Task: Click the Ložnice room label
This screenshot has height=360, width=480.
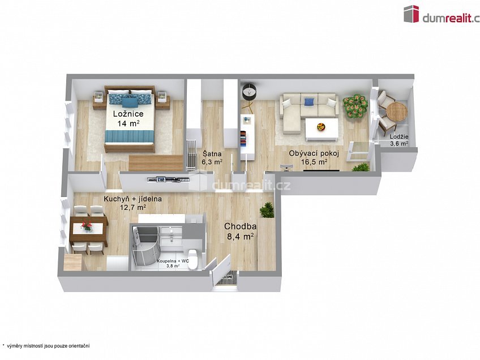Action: point(128,114)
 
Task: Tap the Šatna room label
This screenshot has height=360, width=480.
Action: point(212,154)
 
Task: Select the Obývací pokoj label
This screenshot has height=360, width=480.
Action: point(314,153)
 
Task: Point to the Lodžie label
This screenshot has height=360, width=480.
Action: point(398,137)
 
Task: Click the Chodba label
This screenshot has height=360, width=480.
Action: point(241,226)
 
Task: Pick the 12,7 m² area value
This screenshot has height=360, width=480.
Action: point(133,208)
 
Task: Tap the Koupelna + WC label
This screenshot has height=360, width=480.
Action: point(173,261)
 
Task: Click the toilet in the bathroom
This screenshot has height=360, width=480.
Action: point(193,258)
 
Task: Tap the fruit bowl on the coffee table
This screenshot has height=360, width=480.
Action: point(321,126)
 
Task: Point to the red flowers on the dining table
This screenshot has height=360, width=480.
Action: point(87,226)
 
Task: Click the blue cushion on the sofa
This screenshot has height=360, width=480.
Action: point(309,101)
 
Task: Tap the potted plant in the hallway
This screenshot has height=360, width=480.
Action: point(267,210)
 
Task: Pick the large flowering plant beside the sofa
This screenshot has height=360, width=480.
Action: point(355,106)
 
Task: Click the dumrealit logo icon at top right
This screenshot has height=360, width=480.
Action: point(411,14)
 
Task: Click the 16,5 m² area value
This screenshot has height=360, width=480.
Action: point(314,162)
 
